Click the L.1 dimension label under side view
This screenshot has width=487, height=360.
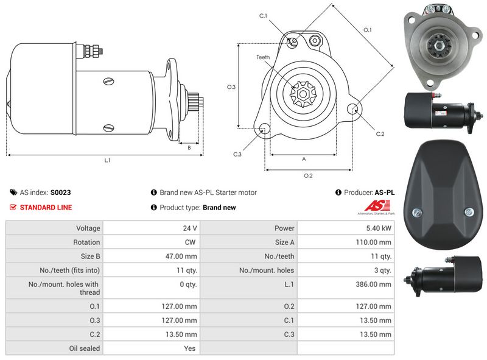[x=107, y=161]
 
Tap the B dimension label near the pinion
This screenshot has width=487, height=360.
[x=189, y=147]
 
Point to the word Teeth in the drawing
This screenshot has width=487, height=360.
[x=262, y=57]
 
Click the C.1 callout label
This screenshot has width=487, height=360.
[x=263, y=16]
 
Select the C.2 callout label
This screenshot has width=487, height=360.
[x=380, y=133]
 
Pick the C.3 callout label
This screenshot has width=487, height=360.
[x=238, y=154]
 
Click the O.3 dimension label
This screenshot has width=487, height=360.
[x=231, y=87]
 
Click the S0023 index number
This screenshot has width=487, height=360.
[x=60, y=192]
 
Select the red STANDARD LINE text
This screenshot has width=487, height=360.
[x=46, y=208]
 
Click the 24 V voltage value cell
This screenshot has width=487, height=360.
[x=190, y=228]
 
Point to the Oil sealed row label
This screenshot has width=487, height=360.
[x=85, y=348]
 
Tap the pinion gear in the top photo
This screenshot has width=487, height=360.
[x=437, y=44]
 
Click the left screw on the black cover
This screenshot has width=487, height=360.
[x=416, y=212]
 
